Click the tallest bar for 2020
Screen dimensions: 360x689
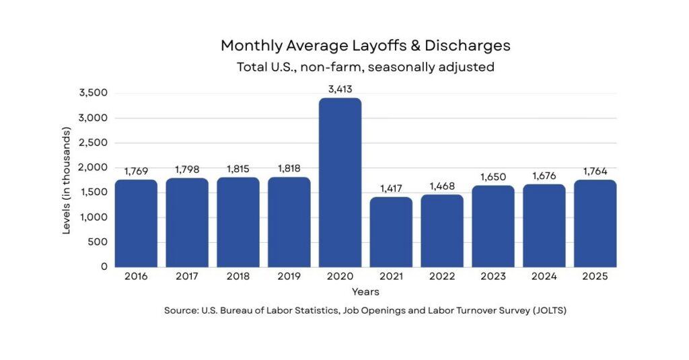340,182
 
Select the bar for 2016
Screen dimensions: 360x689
136,223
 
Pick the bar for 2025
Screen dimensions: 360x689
595,223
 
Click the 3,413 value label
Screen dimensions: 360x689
340,89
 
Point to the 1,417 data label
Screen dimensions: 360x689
391,188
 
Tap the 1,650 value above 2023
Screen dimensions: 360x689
493,176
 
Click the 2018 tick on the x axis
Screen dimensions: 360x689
238,276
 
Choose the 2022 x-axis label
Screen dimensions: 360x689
442,276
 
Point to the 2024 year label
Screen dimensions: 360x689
544,276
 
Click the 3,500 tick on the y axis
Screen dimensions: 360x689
94,93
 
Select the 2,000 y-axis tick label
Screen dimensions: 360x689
94,168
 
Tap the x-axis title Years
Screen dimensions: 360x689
365,292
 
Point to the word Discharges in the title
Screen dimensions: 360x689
468,46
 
